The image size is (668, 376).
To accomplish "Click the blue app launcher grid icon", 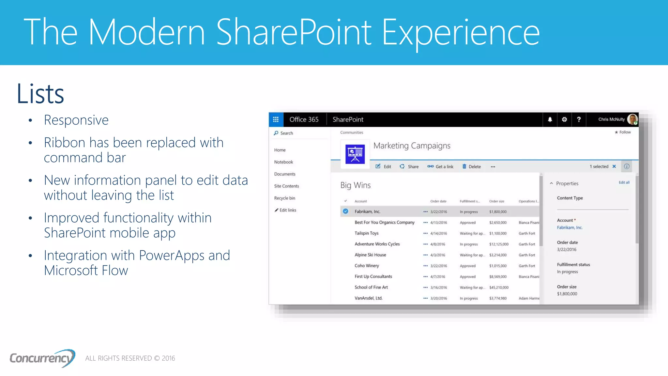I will (x=276, y=119).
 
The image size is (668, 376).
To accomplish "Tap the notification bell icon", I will (x=550, y=119).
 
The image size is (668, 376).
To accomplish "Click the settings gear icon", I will (x=564, y=119).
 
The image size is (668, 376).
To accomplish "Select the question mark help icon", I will (x=579, y=119).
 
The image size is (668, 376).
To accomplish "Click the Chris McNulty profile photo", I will (x=632, y=119).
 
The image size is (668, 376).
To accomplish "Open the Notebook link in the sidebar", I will (x=283, y=162).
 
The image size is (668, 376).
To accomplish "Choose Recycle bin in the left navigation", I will (x=284, y=198).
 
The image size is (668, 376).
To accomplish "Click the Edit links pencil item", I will (x=285, y=210).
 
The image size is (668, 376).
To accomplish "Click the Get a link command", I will (x=440, y=166).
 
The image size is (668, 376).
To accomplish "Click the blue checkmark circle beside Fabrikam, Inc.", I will (x=345, y=211).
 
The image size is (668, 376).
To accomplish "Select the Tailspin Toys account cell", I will (x=366, y=233).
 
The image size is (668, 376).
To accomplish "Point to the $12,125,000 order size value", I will (x=499, y=244).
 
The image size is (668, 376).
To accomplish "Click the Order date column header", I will (x=438, y=201).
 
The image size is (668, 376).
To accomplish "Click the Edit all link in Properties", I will (x=624, y=182).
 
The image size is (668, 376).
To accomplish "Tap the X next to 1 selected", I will (x=614, y=166).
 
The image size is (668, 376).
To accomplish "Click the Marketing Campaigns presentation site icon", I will (x=355, y=154).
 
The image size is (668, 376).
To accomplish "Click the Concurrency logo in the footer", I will (x=42, y=358).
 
